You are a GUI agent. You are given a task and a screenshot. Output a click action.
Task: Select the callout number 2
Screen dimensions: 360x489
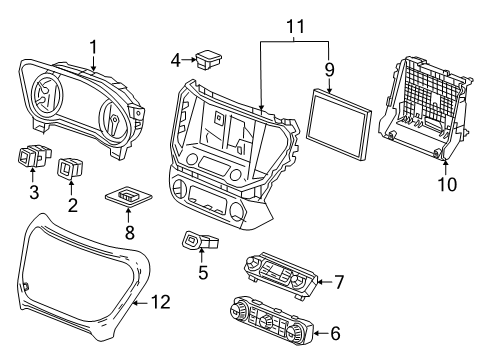tap(71, 205)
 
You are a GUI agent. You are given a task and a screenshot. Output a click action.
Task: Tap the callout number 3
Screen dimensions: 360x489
tap(32, 192)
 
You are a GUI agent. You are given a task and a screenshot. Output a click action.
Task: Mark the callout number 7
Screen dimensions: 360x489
tap(338, 283)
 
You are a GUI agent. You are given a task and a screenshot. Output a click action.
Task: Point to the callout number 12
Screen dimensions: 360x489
tap(161, 300)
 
